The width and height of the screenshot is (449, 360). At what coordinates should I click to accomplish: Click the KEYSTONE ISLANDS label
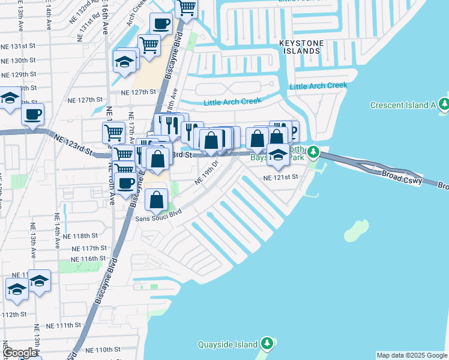tap(301, 47)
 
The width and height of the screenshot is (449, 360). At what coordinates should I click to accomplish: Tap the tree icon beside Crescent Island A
tap(444, 104)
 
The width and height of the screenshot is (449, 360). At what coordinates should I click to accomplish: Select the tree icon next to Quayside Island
tap(268, 344)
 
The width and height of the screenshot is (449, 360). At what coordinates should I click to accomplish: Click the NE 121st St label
tap(280, 178)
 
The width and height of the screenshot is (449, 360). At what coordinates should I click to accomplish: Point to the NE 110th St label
tap(103, 349)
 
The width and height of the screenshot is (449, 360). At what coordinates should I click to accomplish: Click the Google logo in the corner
tap(20, 353)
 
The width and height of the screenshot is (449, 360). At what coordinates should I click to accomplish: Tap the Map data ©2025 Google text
tap(412, 355)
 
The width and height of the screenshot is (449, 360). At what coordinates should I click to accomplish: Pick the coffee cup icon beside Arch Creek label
tap(160, 24)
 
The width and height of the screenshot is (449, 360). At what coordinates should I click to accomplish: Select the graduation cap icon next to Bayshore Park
tap(278, 154)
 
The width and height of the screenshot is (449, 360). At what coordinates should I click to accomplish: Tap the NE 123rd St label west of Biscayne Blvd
tap(72, 145)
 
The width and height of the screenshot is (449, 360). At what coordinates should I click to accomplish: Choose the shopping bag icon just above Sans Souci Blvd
tap(157, 200)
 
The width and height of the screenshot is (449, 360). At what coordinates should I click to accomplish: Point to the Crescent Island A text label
tap(403, 105)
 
